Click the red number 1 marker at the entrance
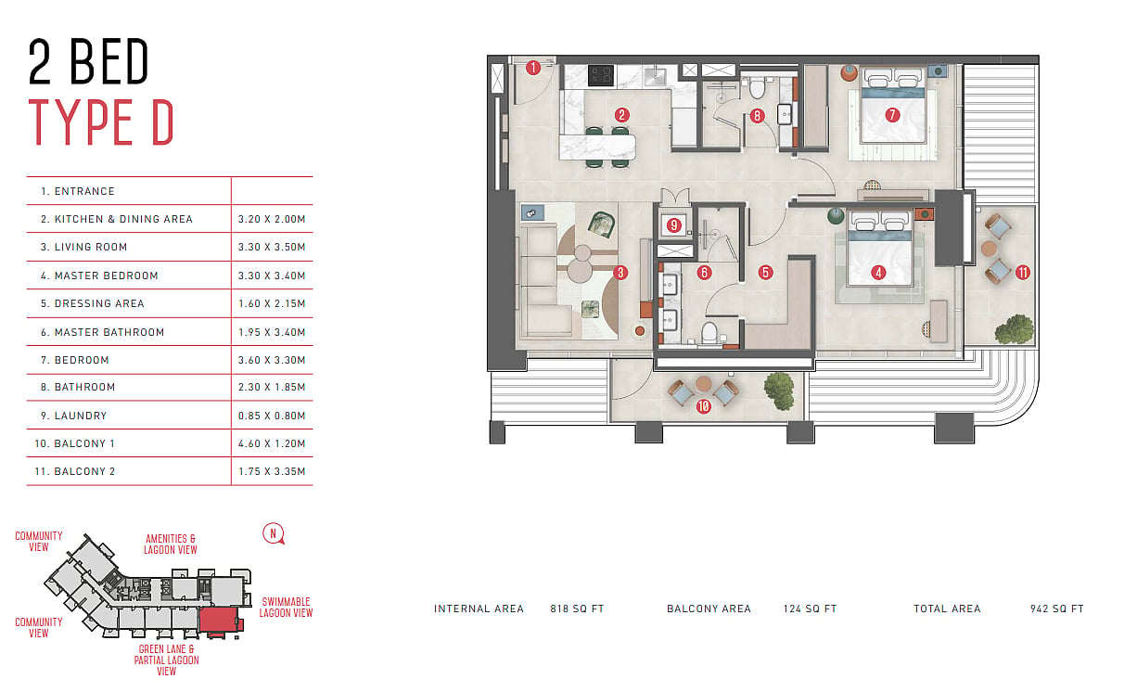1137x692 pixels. (x=533, y=68)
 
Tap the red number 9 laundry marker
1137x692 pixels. (x=673, y=224)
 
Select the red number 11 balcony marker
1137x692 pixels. (x=1022, y=273)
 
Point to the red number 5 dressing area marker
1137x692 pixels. (x=765, y=273)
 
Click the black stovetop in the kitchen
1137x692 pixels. (x=601, y=75)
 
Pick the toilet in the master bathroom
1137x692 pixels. (x=709, y=332)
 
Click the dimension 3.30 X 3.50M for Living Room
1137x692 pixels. (x=272, y=248)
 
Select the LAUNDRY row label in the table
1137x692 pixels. (x=73, y=416)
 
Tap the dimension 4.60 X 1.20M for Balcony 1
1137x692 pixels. (x=272, y=443)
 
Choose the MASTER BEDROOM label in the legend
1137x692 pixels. (x=99, y=276)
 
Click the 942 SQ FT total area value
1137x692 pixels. (x=1057, y=609)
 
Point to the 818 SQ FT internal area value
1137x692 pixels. (x=577, y=609)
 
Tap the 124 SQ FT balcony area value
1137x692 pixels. (x=810, y=609)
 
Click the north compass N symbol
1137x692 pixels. (x=274, y=533)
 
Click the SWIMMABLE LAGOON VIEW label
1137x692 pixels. (x=286, y=608)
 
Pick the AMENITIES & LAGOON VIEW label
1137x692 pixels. (x=170, y=545)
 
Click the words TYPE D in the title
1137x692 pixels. (x=101, y=122)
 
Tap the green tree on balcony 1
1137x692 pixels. (x=780, y=391)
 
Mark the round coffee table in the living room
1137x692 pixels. (x=580, y=270)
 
